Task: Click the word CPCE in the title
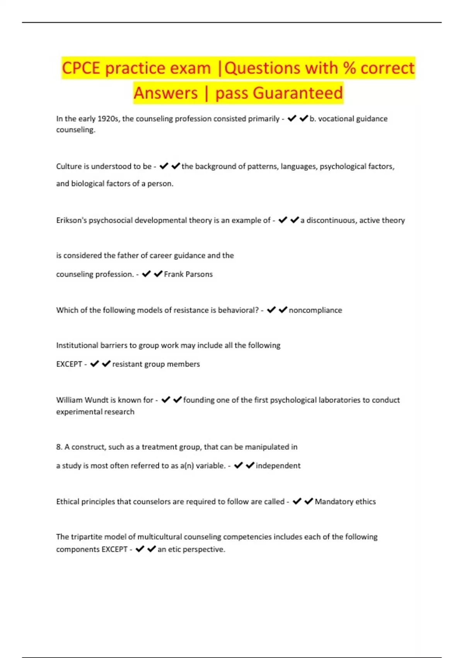pos(81,68)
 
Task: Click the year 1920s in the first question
pos(109,119)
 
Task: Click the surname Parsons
pos(199,274)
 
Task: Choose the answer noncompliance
pos(315,310)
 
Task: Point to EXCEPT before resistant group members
pos(69,364)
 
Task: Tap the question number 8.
pos(59,447)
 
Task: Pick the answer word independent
pos(278,466)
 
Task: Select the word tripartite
pos(87,537)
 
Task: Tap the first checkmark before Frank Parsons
pos(146,274)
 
